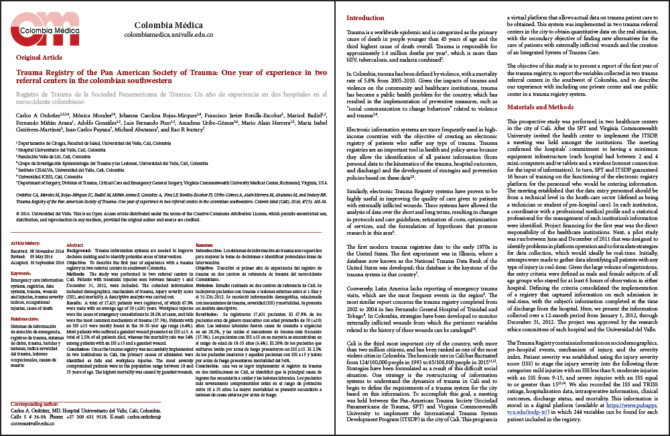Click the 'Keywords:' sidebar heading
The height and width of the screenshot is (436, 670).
point(26,274)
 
